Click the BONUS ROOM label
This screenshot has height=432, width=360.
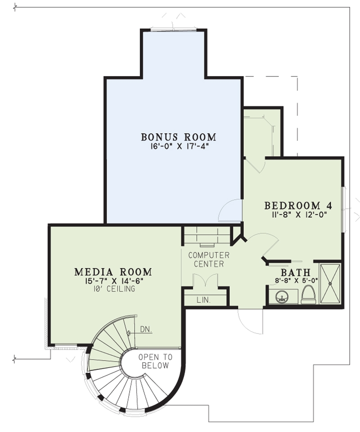[x=179, y=137]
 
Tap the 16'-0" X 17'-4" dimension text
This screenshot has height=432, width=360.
[x=179, y=147]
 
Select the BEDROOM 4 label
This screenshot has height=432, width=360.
[x=298, y=206]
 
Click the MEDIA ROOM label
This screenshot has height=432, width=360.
[x=113, y=272]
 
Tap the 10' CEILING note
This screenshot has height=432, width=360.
[x=113, y=289]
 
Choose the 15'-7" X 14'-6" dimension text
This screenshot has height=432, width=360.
[x=113, y=281]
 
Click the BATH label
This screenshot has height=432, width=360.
[x=296, y=273]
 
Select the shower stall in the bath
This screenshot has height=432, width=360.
[x=330, y=283]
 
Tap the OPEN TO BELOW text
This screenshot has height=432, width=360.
[x=155, y=361]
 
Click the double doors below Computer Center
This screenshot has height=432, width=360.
[x=205, y=281]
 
